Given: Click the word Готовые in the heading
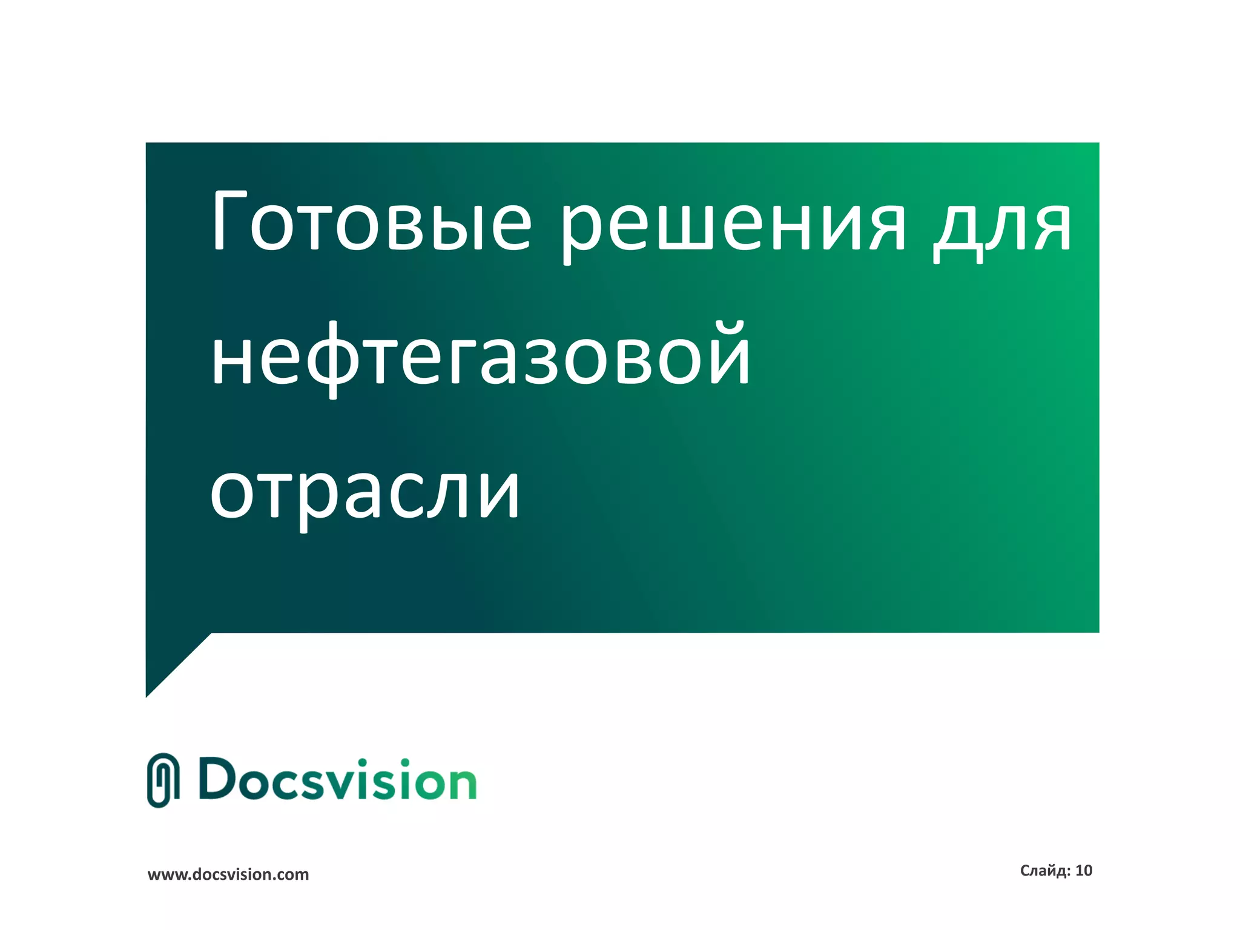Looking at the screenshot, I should point(371,222).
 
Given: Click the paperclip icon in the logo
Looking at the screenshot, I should point(163,780).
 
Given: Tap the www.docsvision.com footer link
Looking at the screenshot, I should point(228,874).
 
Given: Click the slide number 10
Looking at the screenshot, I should point(1084,871).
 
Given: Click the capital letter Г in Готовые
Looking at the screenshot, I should point(229,220).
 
